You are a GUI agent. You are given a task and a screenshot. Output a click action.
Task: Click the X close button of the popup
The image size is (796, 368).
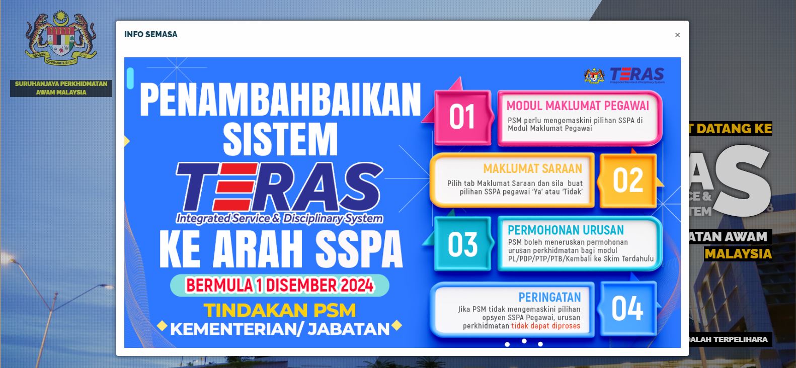pos(677,35)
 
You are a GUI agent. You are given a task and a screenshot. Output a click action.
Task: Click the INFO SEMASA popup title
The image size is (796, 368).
pos(151,34)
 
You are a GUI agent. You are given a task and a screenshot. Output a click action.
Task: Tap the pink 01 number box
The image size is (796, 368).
pos(462,117)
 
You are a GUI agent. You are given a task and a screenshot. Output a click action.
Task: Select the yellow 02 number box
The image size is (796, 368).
pos(628,180)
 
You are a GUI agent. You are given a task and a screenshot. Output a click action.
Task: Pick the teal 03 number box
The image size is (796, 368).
pos(462,244)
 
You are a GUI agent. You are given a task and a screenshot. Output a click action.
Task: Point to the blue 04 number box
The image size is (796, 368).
pos(627,308)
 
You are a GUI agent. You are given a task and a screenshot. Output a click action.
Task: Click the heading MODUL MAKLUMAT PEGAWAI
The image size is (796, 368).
pos(578,106)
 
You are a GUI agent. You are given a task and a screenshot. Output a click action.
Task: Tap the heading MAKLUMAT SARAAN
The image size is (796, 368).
pos(532,169)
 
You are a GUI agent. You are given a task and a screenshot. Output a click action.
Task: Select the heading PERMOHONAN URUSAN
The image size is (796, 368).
pos(566,230)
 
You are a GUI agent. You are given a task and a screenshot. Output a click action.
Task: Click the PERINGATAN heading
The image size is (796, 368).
pos(549,297)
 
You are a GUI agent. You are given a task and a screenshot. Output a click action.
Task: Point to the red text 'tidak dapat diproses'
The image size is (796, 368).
pos(545,326)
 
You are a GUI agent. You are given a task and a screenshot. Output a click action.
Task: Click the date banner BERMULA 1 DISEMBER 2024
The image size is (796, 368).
pos(280,285)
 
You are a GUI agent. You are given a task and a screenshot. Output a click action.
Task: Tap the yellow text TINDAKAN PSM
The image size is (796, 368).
pos(280,310)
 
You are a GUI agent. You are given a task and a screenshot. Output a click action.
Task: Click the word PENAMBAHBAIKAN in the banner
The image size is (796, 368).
pos(280,100)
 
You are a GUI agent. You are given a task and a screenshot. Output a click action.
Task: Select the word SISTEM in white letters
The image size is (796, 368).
pos(280,139)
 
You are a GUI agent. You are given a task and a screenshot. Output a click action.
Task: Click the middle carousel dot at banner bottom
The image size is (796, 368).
pos(524,341)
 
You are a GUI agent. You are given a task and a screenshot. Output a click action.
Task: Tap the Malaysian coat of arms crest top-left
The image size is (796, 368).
pos(61,38)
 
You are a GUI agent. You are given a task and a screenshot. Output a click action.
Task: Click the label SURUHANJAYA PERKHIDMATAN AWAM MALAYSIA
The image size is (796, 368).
pos(61,88)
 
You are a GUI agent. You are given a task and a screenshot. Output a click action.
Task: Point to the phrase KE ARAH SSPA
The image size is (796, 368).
pos(281,249)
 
